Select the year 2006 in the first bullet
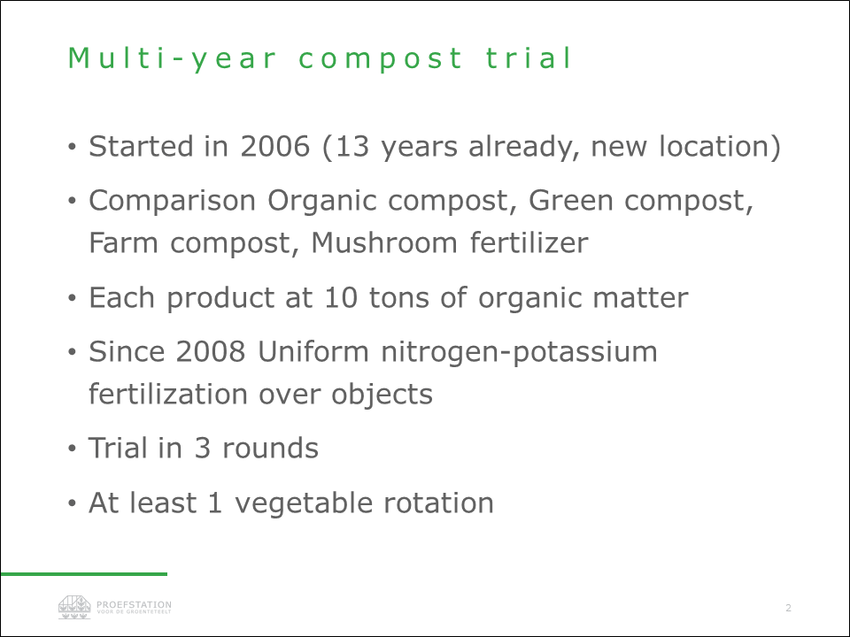(274, 146)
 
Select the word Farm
(124, 242)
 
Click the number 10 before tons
(341, 297)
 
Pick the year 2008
(211, 351)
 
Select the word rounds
(271, 449)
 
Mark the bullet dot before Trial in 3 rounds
(72, 449)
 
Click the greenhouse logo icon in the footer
(74, 607)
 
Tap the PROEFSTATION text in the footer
(134, 604)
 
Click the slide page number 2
(788, 608)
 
